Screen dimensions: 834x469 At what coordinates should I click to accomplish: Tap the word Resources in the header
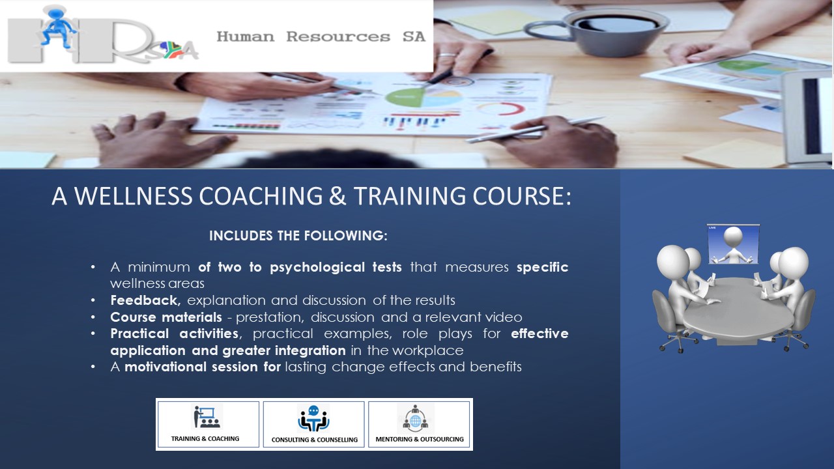(338, 37)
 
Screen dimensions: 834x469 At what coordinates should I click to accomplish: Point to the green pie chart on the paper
(405, 98)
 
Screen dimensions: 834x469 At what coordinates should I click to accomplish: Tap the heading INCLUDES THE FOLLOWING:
(298, 236)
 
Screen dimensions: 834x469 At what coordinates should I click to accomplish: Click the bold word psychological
(317, 268)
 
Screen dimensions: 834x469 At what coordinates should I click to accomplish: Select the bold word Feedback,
(145, 300)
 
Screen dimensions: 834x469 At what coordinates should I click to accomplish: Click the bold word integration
(310, 350)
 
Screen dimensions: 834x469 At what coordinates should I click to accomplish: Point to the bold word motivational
(165, 367)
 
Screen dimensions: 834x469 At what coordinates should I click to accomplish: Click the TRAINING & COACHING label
(205, 438)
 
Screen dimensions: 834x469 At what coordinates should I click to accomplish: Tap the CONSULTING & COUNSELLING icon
(313, 418)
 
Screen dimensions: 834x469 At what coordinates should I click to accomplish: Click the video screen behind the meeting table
(733, 244)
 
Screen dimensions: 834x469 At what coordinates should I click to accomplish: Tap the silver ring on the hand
(447, 55)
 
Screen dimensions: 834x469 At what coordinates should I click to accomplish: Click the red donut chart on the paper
(501, 109)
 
